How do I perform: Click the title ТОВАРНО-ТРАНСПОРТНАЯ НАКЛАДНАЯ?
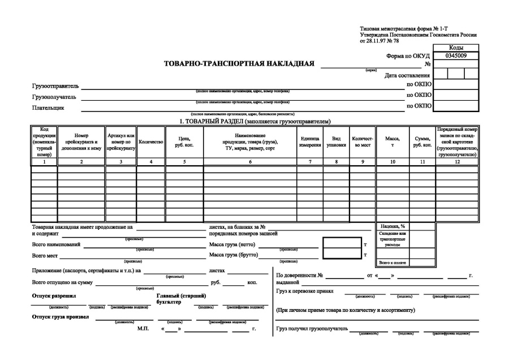239,63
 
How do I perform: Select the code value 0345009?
455,56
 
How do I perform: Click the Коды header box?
455,49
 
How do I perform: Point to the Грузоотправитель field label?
55,87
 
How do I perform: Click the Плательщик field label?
48,107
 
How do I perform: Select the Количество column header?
150,142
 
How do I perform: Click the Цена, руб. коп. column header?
184,142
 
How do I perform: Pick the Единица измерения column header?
309,142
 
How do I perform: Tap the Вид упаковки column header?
336,142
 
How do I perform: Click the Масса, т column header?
392,142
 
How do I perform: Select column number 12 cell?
457,161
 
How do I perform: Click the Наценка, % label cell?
392,226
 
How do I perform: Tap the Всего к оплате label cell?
392,263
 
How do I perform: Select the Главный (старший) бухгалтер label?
180,299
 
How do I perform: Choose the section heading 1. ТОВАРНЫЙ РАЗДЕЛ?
255,121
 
